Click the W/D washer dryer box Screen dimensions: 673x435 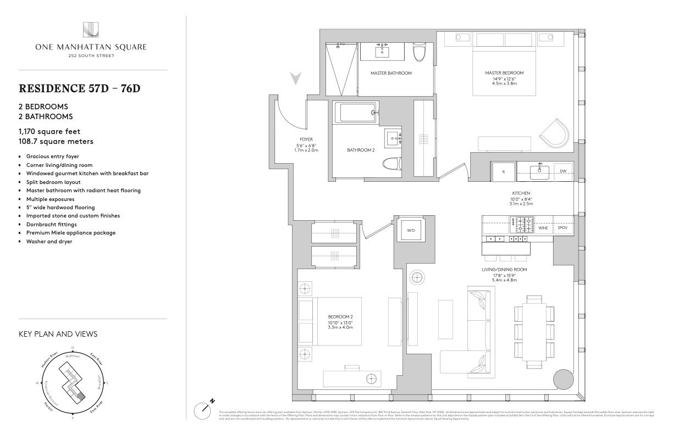[411, 230]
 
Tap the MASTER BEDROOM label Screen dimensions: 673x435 [504, 73]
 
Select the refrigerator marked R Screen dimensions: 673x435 [504, 171]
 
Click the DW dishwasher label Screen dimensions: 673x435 [562, 171]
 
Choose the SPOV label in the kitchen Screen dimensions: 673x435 [562, 227]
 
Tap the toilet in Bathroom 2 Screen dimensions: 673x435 [391, 165]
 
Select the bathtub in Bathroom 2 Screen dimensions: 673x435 [357, 113]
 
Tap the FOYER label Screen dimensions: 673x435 [306, 140]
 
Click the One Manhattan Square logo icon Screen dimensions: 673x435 [91, 30]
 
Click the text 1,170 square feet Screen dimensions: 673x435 [49, 131]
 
